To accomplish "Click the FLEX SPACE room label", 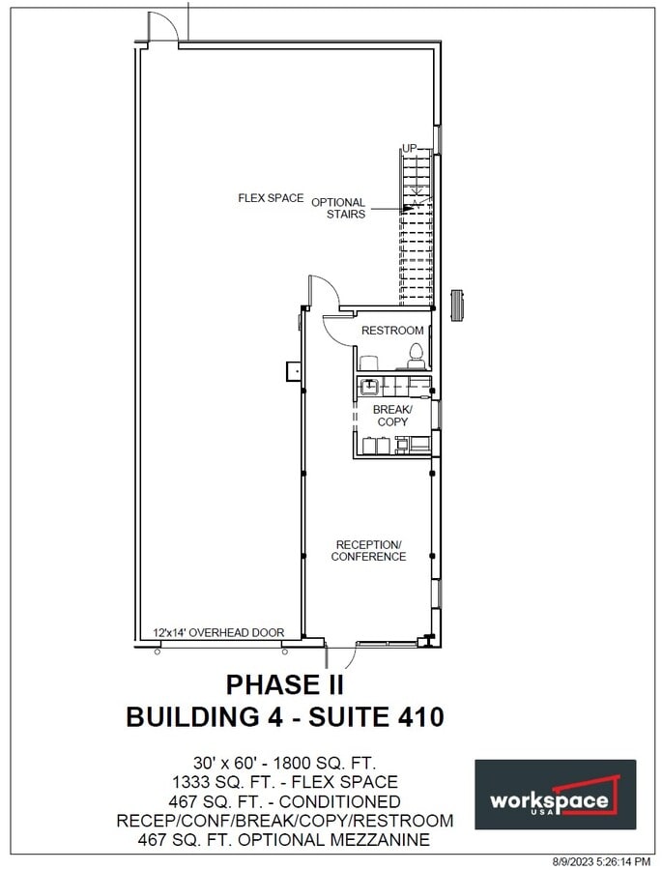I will click(271, 198).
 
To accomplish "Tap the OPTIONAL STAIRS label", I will click(338, 208).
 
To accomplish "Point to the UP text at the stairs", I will click(410, 148).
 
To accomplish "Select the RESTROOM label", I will click(392, 331).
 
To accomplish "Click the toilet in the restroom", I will click(417, 355).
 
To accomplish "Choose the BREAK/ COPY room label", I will click(392, 416).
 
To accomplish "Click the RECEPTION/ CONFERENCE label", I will click(368, 550).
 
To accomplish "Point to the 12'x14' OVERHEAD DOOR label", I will click(218, 633).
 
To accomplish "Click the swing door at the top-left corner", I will click(163, 28).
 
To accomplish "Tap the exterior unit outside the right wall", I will click(459, 304).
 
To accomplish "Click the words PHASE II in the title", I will click(285, 684).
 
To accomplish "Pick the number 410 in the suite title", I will click(415, 717).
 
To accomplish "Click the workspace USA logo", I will click(555, 794).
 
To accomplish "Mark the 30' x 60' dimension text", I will click(228, 762).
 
